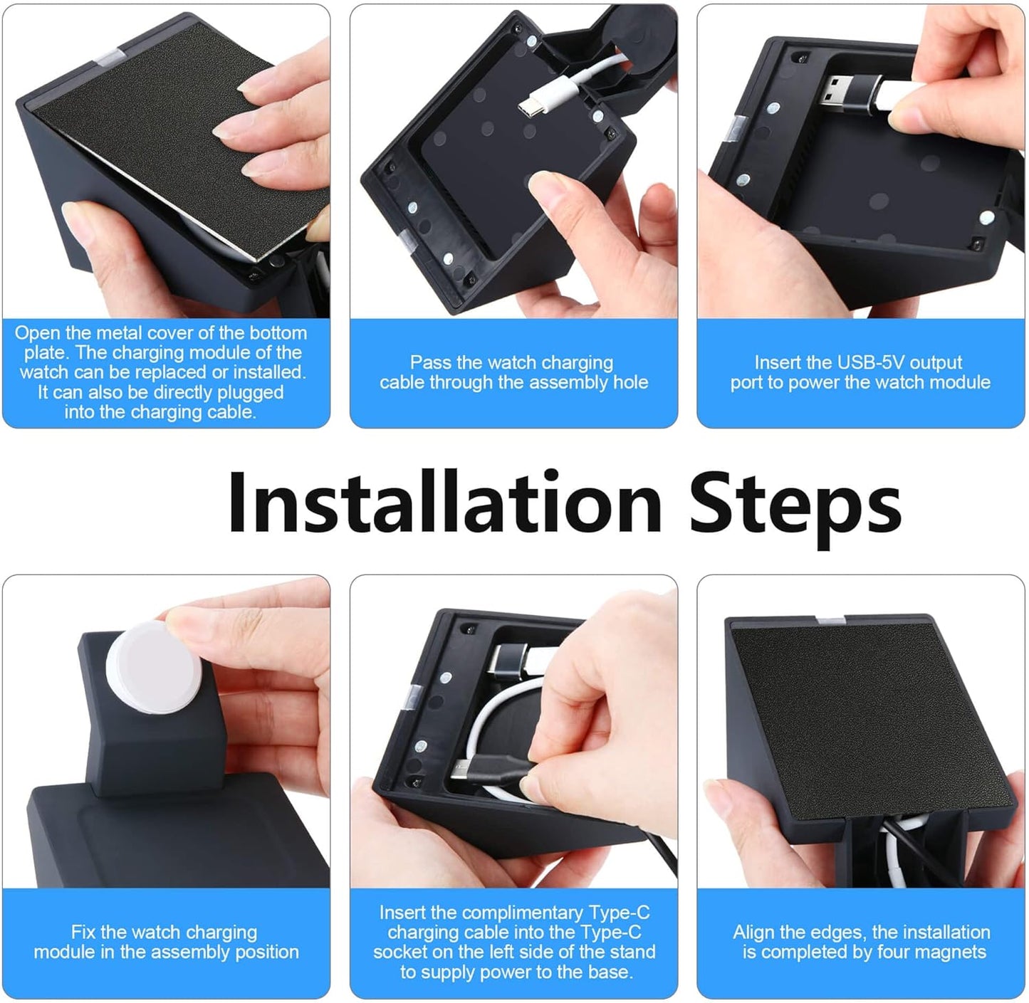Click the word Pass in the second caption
[x=430, y=362]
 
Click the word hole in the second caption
[x=630, y=382]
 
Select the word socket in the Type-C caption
[x=399, y=952]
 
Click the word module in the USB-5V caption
[x=961, y=382]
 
